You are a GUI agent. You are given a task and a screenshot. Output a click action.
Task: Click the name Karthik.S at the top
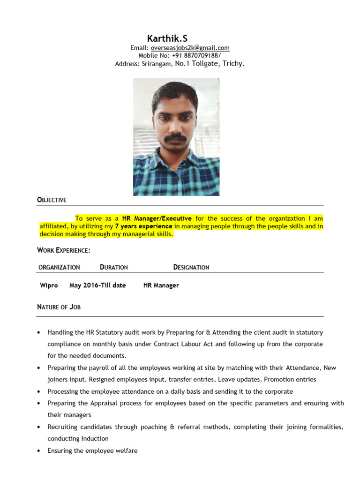click(167, 38)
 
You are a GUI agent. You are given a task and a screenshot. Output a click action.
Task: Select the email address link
click(189, 48)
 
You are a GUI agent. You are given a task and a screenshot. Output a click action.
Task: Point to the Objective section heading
click(52, 200)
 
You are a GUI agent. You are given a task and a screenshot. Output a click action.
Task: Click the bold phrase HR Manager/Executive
click(157, 218)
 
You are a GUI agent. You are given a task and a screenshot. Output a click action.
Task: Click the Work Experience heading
click(63, 251)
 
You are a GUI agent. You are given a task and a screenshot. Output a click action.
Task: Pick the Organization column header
click(59, 267)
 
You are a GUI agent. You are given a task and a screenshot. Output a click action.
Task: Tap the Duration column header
click(114, 267)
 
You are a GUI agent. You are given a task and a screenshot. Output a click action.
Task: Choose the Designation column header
click(191, 267)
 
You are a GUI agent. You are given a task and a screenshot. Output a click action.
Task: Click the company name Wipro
click(49, 285)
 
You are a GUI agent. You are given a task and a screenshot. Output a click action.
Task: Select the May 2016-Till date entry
click(97, 285)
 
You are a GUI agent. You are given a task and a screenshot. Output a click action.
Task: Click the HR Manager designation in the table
click(161, 285)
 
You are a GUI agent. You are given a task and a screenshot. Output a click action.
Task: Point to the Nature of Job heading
click(59, 307)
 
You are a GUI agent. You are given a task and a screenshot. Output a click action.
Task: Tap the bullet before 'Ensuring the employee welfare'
click(38, 451)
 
